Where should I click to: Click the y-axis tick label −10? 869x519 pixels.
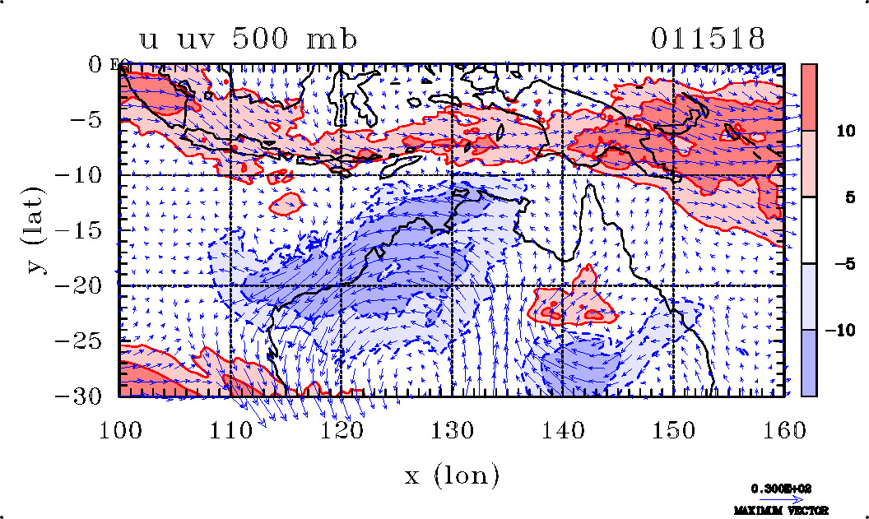point(86,175)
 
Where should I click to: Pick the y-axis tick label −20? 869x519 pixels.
point(86,285)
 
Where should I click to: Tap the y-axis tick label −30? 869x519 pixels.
point(86,396)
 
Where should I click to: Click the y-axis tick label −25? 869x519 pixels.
point(86,341)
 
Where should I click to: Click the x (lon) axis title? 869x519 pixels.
point(452,475)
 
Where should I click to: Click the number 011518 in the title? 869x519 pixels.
point(708,39)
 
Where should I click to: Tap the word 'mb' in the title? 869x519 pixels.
point(332,39)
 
